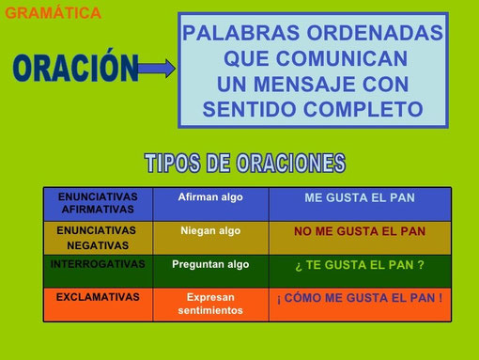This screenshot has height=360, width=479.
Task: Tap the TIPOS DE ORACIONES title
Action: point(244,163)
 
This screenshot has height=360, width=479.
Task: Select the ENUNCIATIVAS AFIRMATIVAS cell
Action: point(97,203)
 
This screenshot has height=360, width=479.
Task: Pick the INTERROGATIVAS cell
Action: point(97,265)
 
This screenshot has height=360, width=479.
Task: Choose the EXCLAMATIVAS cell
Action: point(97,297)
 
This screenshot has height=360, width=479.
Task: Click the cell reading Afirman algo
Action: point(210,197)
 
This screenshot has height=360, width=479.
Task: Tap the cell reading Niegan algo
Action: point(210,230)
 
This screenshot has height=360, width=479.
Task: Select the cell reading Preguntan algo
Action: point(210,265)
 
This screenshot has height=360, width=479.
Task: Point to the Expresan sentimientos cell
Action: point(210,303)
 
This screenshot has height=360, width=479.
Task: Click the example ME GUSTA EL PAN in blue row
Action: point(360,198)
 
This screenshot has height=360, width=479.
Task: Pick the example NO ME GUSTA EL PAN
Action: point(360,231)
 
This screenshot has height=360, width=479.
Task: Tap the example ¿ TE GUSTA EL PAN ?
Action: point(360,266)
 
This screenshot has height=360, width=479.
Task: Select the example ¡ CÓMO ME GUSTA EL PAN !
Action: point(360,299)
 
